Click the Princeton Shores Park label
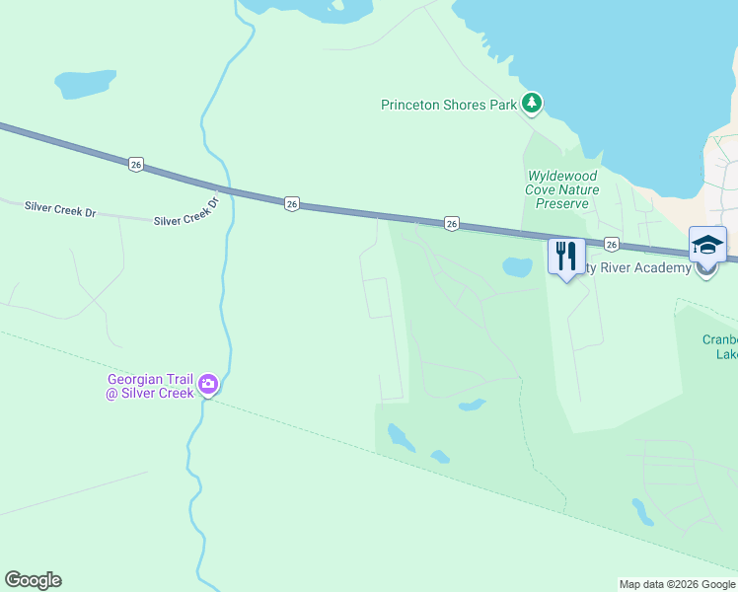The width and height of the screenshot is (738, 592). (x=449, y=104)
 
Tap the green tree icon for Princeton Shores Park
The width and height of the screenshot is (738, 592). (x=532, y=103)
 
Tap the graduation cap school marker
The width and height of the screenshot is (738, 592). (x=707, y=245)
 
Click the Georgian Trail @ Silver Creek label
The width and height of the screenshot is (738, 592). (x=152, y=386)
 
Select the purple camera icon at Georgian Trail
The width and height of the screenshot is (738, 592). (x=207, y=384)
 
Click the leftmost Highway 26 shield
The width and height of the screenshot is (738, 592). (x=136, y=164)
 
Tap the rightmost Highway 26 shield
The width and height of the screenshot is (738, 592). (x=612, y=244)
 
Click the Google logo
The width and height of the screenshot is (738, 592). (x=33, y=580)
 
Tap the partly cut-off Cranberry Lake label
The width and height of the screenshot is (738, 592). (x=719, y=346)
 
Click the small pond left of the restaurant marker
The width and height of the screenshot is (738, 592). (x=516, y=266)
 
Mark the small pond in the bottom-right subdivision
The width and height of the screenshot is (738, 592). (x=642, y=511)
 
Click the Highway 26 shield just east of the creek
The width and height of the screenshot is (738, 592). (x=291, y=203)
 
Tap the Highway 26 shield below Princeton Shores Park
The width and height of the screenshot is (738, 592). (x=450, y=224)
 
